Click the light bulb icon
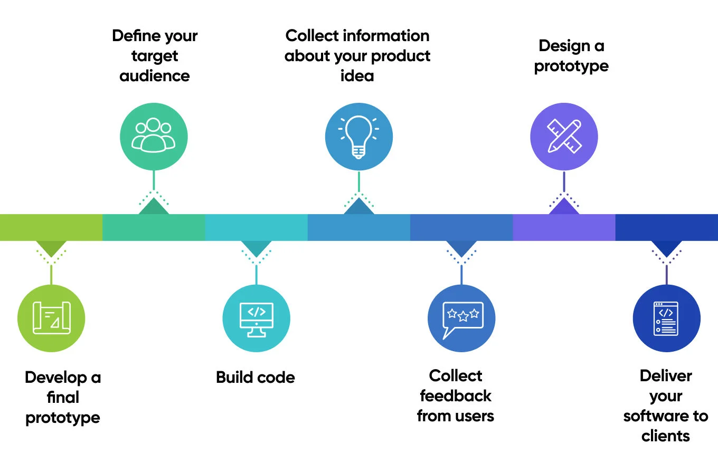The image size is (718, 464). tap(358, 137)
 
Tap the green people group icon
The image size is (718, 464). tap(154, 136)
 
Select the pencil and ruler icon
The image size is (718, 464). tap(564, 136)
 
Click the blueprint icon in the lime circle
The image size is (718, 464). tap(51, 317)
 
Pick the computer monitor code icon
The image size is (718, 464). tap(256, 318)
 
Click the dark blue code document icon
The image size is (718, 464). tap(666, 318)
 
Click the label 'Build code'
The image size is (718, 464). tap(256, 378)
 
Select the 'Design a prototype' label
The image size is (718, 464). tap(571, 56)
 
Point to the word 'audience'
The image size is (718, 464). tap(155, 76)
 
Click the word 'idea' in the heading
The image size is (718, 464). tap(357, 76)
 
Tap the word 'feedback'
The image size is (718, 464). tap(456, 396)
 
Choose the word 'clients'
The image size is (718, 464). tap(666, 436)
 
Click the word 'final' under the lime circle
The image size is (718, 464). tap(63, 398)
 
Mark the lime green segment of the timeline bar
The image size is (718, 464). tap(51, 227)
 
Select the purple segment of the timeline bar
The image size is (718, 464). tap(564, 227)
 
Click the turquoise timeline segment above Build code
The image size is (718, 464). tap(256, 227)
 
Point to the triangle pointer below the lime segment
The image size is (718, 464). tap(51, 248)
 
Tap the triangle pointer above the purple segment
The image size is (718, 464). tap(564, 207)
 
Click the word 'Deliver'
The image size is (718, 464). tap(666, 376)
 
